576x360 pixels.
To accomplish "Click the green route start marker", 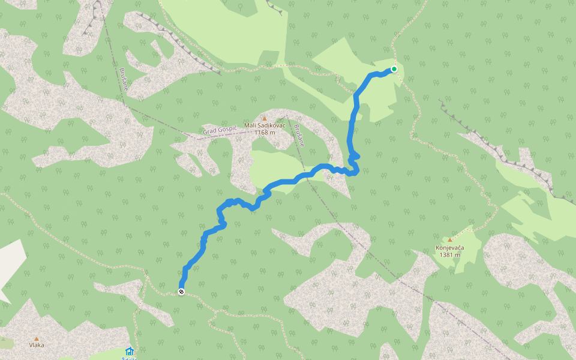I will tap(394, 69).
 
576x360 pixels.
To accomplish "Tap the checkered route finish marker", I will tap(181, 292).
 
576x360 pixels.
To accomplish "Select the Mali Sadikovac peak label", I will tap(265, 125).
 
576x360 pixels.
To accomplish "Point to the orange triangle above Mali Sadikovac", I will tap(264, 118).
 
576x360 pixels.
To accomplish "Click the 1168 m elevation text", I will tap(265, 133).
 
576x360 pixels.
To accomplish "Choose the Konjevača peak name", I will tap(450, 247).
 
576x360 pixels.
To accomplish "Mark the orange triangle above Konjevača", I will tap(450, 240).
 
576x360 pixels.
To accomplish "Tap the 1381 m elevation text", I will tap(450, 254).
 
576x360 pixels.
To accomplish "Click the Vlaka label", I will tap(37, 345).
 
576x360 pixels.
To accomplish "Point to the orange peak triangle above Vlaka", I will tap(37, 338).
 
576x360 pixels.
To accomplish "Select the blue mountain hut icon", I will tap(129, 351).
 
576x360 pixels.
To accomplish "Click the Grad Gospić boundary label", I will tap(220, 130).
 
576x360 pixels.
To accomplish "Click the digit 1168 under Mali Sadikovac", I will tap(260, 133).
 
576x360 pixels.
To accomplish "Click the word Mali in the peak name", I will tap(250, 125).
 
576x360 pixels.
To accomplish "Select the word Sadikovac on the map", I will tap(271, 125).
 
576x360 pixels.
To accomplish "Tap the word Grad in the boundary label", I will tap(209, 131).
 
